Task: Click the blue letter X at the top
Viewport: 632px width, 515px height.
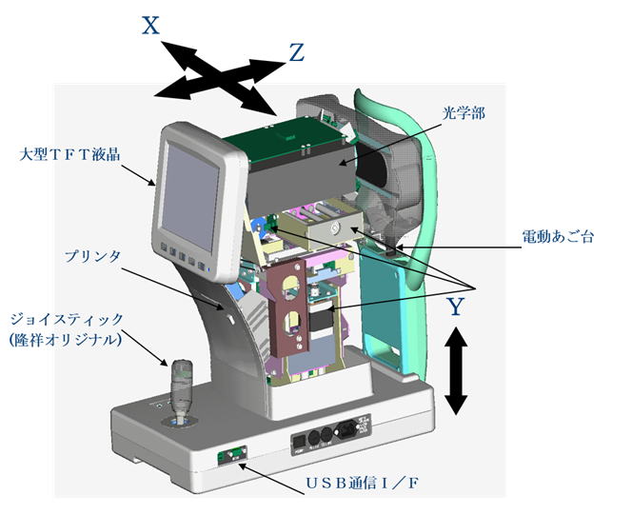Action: pos(150,26)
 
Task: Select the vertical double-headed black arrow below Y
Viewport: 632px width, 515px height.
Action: pos(457,370)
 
